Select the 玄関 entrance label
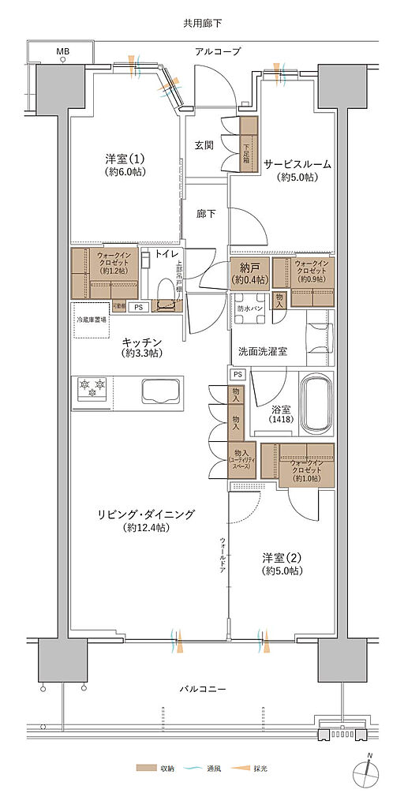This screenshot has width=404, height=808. tap(205, 145)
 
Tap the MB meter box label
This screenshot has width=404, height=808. tap(62, 52)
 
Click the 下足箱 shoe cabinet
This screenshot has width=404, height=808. tap(249, 143)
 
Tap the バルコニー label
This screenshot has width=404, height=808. tap(203, 689)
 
